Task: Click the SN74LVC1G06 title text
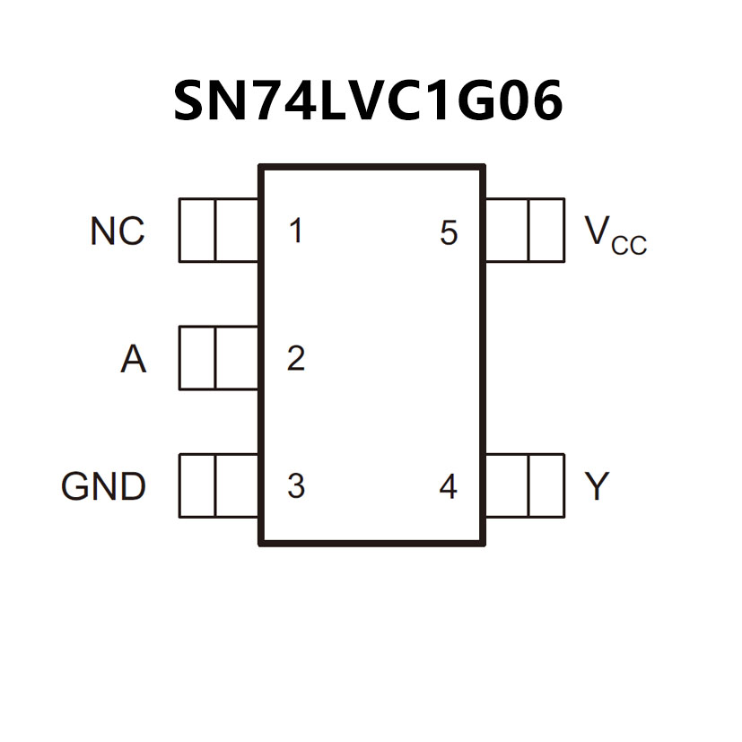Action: [368, 101]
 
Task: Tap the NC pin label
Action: [117, 231]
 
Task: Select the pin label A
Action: [133, 360]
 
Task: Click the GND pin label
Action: [103, 486]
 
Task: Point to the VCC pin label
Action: [615, 234]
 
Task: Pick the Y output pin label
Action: [597, 486]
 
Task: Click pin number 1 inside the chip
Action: [295, 231]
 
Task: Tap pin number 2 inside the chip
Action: [295, 359]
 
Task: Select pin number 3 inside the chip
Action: [295, 486]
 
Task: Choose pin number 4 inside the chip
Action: [448, 486]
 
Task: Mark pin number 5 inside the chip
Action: [449, 233]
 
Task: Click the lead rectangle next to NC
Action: [219, 231]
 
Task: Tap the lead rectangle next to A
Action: [219, 358]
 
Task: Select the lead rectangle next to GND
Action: [219, 485]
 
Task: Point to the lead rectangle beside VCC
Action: [525, 231]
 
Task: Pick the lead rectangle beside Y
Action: [525, 485]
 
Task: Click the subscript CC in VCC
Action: [629, 245]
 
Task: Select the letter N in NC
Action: [103, 231]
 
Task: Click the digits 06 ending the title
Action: [534, 101]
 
